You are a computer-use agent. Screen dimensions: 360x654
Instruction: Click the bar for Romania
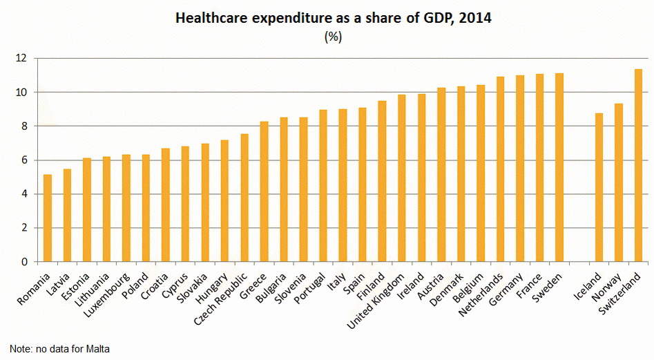click(x=48, y=218)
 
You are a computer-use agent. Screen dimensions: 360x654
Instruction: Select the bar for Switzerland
click(x=638, y=166)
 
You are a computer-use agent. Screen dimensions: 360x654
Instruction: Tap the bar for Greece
click(x=264, y=192)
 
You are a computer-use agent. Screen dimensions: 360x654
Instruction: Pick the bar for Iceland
click(x=599, y=188)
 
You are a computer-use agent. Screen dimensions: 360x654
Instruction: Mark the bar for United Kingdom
click(x=402, y=178)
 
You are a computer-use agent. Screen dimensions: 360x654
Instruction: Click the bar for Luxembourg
click(x=126, y=208)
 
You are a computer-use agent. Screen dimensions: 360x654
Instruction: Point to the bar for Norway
click(x=619, y=183)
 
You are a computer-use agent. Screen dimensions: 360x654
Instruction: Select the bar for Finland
click(x=382, y=182)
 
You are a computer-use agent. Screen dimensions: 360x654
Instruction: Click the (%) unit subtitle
click(x=333, y=37)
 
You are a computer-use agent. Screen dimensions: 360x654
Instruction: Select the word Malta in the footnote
click(x=97, y=349)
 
